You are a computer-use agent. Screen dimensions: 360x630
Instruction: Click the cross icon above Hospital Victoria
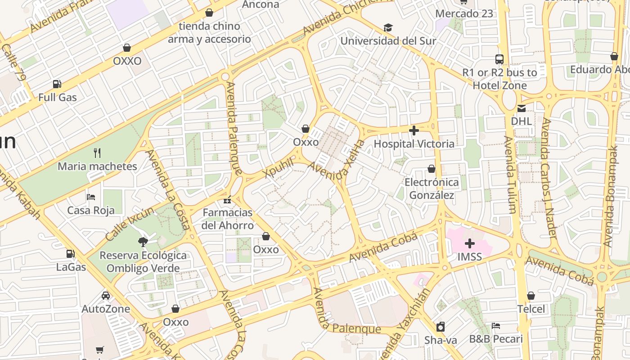[x=414, y=131]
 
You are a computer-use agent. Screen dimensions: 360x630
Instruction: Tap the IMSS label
[x=469, y=257]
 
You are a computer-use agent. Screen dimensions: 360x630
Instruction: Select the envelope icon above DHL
[x=521, y=108]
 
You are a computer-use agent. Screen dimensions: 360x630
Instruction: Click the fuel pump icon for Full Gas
[x=57, y=84]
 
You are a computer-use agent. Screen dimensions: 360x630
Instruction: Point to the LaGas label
[x=71, y=267]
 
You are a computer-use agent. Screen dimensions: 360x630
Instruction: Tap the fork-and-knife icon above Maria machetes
[x=97, y=153]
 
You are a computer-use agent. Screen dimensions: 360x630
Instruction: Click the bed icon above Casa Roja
[x=91, y=197]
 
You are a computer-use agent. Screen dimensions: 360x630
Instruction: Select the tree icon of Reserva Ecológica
[x=143, y=242]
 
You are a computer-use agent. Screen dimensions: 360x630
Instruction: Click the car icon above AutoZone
[x=106, y=296]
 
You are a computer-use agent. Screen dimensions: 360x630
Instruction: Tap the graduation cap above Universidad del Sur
[x=388, y=28]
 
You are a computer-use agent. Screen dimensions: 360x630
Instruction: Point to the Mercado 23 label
[x=464, y=13]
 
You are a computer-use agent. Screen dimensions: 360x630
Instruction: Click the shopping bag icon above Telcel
[x=531, y=296]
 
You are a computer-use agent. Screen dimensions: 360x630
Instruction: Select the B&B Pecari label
[x=496, y=339]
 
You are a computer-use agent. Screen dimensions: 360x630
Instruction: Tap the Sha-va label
[x=441, y=340]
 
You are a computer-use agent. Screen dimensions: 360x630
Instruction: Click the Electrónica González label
[x=432, y=189]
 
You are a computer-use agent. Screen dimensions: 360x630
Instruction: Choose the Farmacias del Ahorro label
[x=227, y=219]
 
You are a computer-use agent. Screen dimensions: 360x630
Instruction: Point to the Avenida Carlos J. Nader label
[x=549, y=178]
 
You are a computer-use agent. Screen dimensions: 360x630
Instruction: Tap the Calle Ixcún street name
[x=129, y=224]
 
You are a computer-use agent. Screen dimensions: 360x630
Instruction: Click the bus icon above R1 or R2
[x=499, y=59]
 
